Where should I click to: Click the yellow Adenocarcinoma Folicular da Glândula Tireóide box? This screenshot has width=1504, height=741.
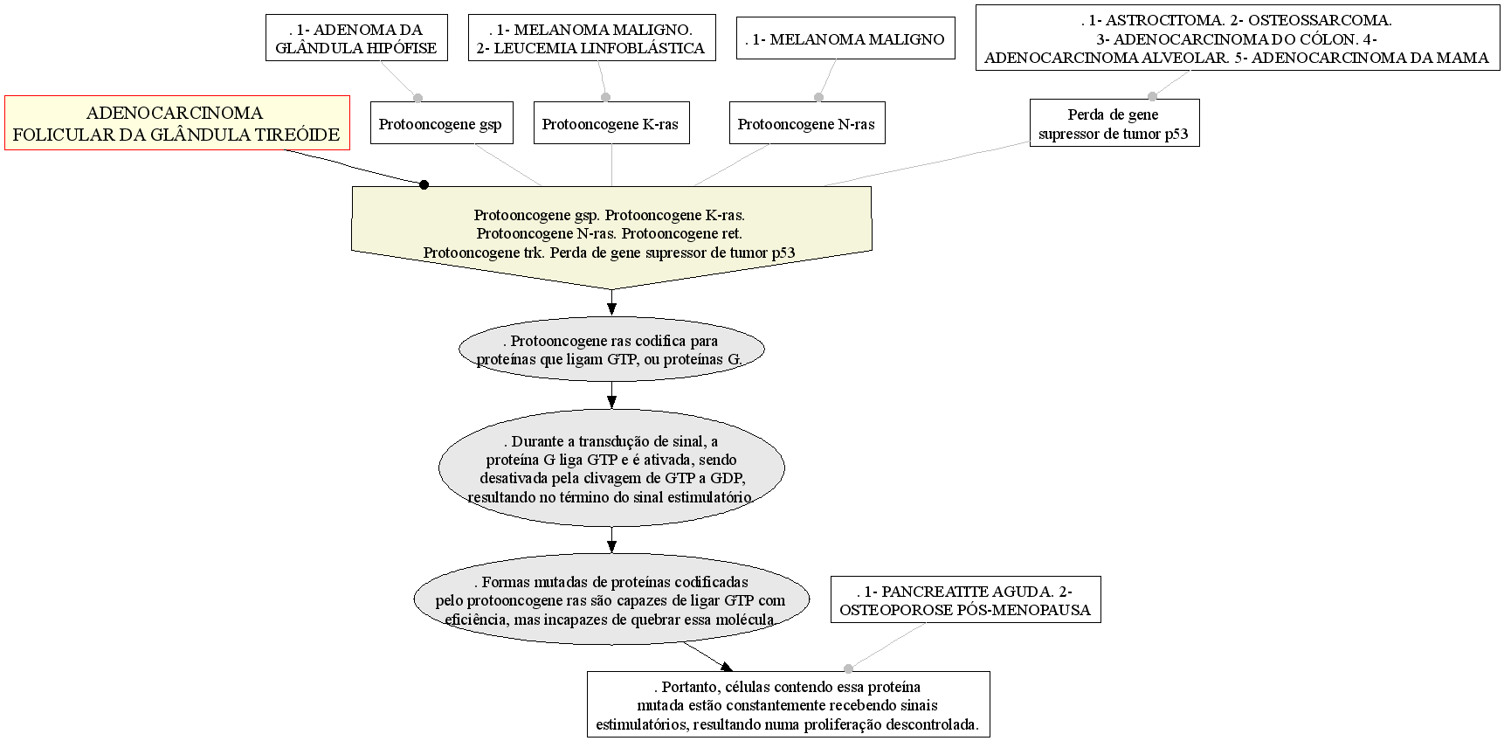(177, 123)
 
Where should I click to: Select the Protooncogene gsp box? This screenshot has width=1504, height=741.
(440, 123)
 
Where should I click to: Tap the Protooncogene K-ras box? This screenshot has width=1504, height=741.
(611, 123)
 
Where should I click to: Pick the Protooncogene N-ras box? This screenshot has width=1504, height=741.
(806, 123)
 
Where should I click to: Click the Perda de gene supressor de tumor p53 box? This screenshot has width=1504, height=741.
(1114, 123)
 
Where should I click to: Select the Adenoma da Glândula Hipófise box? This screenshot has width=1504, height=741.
(356, 38)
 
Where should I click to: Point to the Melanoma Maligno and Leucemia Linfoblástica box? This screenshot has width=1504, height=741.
(591, 38)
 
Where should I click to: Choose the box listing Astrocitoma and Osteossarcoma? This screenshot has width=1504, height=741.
(1238, 38)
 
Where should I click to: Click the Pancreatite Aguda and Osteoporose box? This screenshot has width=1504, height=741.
(965, 600)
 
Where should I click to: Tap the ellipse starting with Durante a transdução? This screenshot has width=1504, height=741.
(611, 468)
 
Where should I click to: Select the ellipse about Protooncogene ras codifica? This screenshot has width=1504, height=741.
(611, 350)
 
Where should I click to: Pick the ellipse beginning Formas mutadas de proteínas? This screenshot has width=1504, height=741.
(611, 599)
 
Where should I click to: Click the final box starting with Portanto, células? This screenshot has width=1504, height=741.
(788, 705)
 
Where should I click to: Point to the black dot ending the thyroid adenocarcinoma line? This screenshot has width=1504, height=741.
(424, 184)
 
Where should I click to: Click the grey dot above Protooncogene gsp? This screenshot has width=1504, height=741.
(417, 97)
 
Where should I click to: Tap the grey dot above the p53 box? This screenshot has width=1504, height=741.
(1152, 96)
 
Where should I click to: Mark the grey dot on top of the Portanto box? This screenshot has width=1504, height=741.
(848, 668)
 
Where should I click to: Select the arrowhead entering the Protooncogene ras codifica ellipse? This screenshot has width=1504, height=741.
(611, 308)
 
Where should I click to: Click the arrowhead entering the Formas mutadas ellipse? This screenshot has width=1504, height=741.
(611, 546)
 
